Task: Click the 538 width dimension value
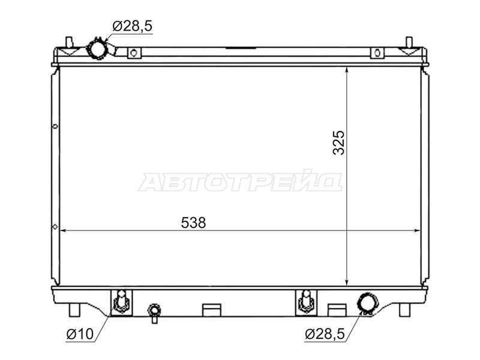coord(193,223)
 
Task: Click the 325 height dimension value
coord(338,143)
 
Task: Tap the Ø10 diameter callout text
coord(80,334)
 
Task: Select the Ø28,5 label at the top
coord(132,26)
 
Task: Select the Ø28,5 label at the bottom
coord(325,334)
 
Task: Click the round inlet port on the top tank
coord(97,49)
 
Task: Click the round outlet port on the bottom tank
coord(367,302)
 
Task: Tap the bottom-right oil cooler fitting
coord(306,301)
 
